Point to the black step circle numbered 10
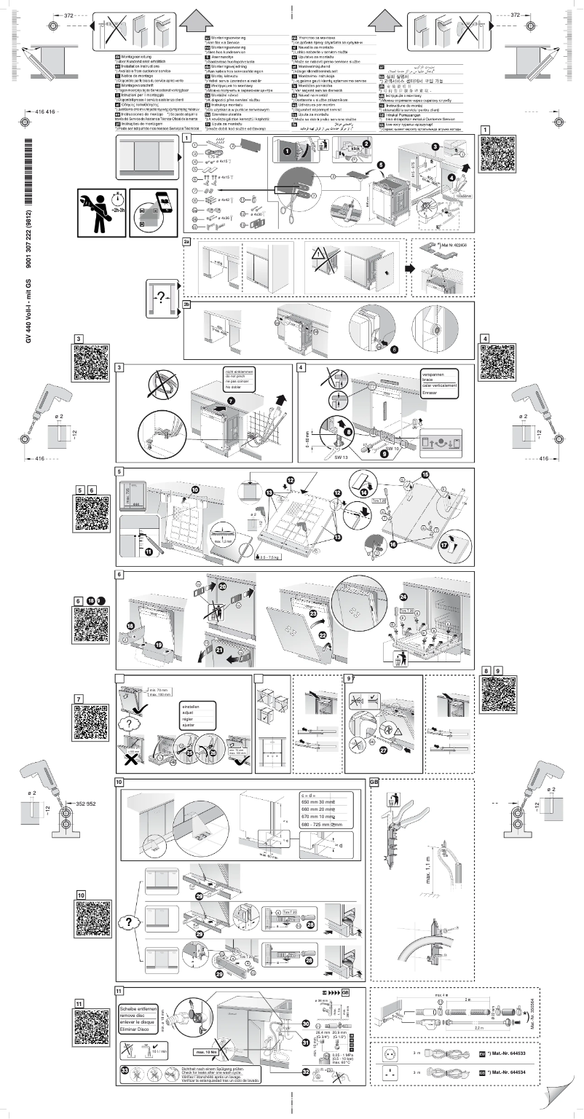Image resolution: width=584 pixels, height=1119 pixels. click(x=195, y=489)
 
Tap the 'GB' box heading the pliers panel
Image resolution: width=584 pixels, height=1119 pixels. click(x=375, y=784)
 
